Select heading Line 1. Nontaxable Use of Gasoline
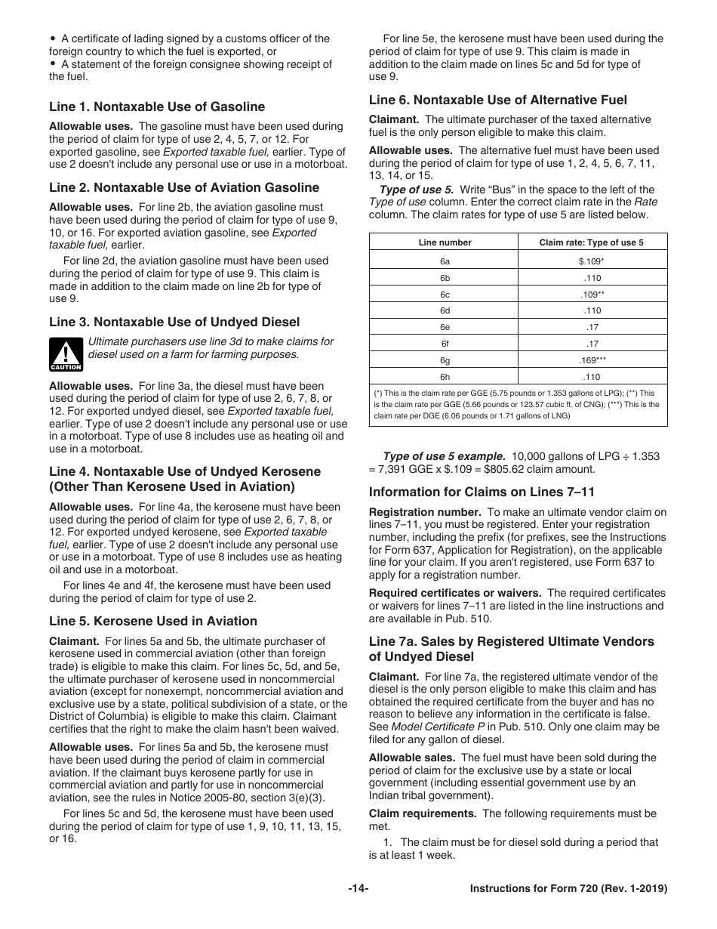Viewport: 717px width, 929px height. [157, 106]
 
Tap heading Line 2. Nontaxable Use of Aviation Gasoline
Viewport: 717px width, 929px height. [184, 187]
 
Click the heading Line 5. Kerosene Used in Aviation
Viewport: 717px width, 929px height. [153, 621]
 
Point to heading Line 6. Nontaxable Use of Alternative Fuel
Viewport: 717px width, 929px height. [497, 100]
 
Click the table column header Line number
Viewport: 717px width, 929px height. [445, 242]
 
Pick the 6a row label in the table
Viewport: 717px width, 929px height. [445, 261]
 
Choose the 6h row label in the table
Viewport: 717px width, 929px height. [445, 377]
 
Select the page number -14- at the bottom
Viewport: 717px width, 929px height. [358, 889]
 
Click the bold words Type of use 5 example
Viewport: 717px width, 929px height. [444, 456]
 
